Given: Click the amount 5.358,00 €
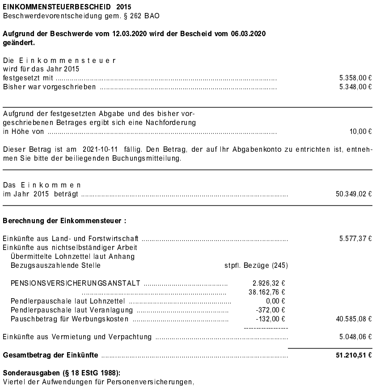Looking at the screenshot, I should (355, 78).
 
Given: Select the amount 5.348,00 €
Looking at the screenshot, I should (355, 87).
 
